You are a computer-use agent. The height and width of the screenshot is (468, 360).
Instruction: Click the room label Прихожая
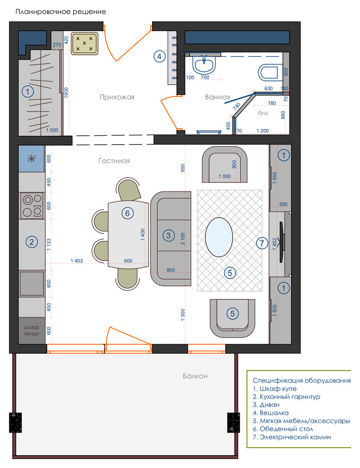point(117,97)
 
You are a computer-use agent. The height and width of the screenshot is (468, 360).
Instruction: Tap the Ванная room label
point(217,97)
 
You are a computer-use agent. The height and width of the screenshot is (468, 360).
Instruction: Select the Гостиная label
point(114,161)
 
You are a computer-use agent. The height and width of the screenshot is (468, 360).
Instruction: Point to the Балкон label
point(195,376)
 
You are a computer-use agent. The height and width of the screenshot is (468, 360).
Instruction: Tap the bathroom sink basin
point(204,65)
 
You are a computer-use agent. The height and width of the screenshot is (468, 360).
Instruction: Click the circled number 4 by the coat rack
point(160,56)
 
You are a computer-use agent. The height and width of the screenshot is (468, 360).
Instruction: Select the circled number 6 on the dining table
point(128,213)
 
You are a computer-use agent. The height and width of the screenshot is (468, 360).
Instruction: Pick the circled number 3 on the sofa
point(169,235)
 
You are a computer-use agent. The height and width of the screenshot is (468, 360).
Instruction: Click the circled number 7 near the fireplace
point(262,243)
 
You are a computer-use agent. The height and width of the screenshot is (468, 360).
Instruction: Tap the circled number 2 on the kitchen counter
point(32,242)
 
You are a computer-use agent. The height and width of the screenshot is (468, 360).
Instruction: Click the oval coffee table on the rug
point(219,237)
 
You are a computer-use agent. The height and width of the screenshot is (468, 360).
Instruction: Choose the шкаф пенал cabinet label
point(31,330)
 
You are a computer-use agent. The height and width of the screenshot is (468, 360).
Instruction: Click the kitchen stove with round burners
point(32,206)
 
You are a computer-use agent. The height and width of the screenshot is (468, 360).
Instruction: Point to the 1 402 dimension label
point(77,261)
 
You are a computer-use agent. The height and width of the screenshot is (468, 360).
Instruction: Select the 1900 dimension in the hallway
point(66,93)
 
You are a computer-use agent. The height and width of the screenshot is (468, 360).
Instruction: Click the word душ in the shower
point(263,113)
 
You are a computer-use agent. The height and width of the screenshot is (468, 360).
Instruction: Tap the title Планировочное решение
point(60,12)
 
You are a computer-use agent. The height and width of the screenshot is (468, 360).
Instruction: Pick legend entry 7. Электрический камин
point(291,437)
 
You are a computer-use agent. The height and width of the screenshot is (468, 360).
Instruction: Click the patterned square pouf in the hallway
point(85,43)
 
